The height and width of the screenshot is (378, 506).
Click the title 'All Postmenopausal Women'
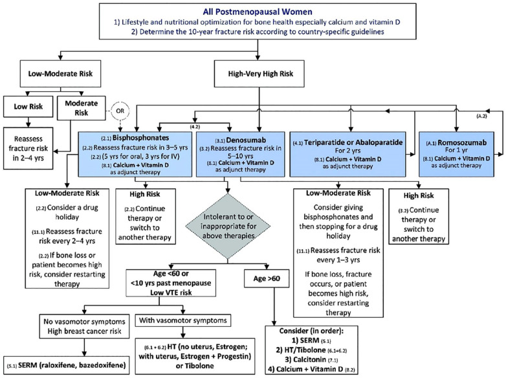(x=258, y=12)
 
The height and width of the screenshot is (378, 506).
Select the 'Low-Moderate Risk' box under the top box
(x=60, y=74)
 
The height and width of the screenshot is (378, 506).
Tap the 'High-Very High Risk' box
(x=259, y=74)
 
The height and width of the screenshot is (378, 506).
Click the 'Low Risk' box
(x=28, y=107)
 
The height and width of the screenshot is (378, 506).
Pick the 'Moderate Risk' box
(x=82, y=108)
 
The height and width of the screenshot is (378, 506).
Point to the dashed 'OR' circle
(x=120, y=111)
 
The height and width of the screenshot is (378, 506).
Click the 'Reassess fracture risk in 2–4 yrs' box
(x=28, y=148)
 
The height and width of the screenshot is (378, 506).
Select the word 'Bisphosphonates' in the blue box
(x=140, y=138)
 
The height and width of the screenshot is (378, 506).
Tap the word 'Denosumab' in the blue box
(x=246, y=140)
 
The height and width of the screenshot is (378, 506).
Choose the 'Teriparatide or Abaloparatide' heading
(x=353, y=142)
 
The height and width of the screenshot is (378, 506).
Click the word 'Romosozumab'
(x=462, y=142)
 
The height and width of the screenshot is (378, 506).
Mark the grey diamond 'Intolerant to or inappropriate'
(x=228, y=226)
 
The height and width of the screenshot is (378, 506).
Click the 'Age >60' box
(x=267, y=278)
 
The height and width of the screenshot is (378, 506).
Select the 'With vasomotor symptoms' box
(x=183, y=320)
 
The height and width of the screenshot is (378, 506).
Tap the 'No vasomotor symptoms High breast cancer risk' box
(x=84, y=326)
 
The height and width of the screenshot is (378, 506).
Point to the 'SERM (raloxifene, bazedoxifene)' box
(x=66, y=366)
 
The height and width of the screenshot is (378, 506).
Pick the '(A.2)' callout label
(x=481, y=116)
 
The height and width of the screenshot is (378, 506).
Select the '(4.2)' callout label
(x=195, y=127)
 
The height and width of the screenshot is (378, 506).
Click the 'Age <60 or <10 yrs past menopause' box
(x=171, y=283)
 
